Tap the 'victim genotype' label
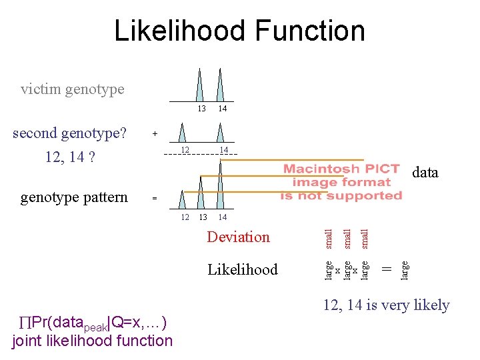[x=73, y=89]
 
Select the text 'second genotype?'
[x=70, y=133]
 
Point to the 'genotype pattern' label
[x=74, y=197]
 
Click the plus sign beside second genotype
[x=155, y=134]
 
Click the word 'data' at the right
[x=425, y=173]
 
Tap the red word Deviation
[x=239, y=237]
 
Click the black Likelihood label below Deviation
[x=243, y=269]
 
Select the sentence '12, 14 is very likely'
[x=386, y=305]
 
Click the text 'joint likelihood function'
[x=93, y=341]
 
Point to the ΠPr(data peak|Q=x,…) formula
[x=93, y=324]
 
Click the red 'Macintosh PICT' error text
[x=341, y=169]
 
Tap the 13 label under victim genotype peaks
[x=201, y=109]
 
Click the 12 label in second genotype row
[x=186, y=150]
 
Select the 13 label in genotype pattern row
[x=203, y=217]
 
